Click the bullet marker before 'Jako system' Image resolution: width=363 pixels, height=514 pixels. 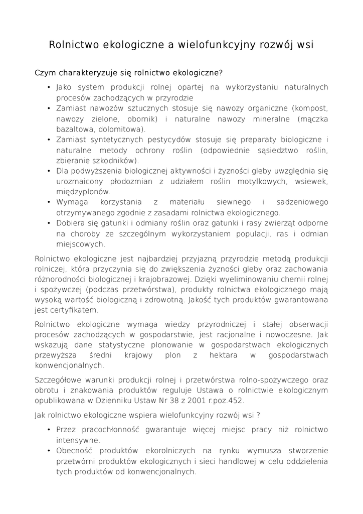coord(49,87)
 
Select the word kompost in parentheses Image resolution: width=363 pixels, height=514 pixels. coord(311,108)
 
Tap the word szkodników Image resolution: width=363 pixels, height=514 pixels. coord(115,161)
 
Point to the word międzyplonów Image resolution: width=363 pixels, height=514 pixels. coord(83,192)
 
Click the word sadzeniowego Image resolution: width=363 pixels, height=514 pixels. coord(302,202)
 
